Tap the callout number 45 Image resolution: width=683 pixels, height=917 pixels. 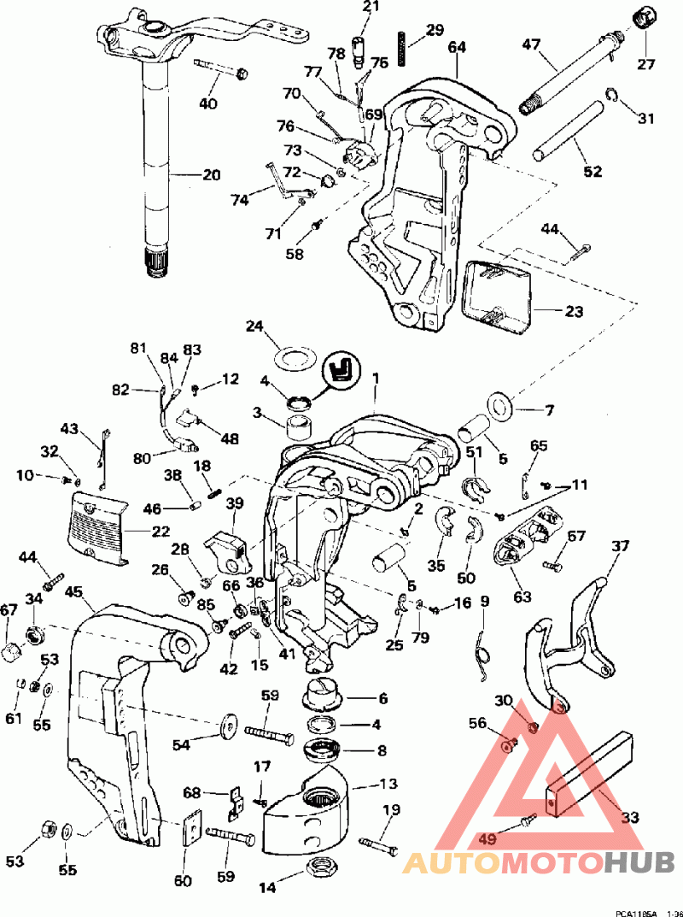[x=73, y=591]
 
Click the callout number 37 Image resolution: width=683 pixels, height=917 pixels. [x=620, y=545]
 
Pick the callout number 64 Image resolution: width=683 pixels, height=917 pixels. [x=457, y=48]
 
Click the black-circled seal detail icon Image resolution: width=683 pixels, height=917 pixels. [x=341, y=372]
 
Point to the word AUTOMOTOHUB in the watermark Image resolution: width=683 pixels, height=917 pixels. [x=538, y=862]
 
